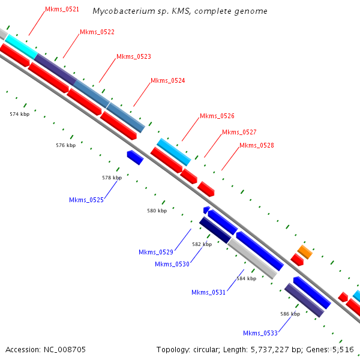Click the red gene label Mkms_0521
[x=62, y=10]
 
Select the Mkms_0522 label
[x=97, y=32]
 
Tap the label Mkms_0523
[x=134, y=56]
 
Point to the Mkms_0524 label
[x=168, y=80]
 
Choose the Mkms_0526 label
[x=217, y=116]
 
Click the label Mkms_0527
[x=239, y=132]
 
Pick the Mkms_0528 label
[x=257, y=145]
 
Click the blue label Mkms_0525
[x=86, y=200]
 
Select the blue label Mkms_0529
[x=156, y=252]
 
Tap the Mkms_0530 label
[x=172, y=264]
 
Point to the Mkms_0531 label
[x=209, y=292]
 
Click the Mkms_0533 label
[x=260, y=333]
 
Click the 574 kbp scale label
[x=20, y=114]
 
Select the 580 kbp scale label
[x=157, y=211]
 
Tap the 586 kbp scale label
[x=290, y=314]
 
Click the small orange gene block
[x=305, y=252]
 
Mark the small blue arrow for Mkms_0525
[x=135, y=158]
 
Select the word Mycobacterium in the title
[x=119, y=11]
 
